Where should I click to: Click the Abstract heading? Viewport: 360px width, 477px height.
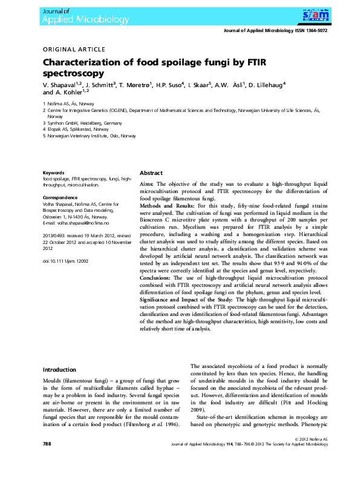point(151,173)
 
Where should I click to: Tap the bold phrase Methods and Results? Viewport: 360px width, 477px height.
point(166,206)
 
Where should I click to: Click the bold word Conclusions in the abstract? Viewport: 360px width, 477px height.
point(158,277)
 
